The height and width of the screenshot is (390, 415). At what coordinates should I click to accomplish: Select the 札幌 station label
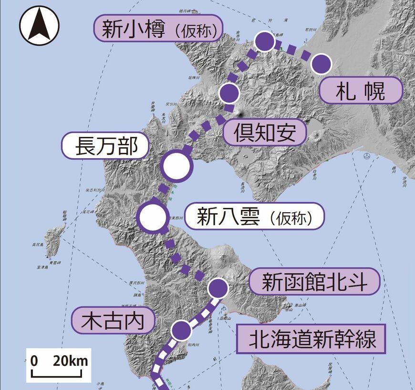pos(360,90)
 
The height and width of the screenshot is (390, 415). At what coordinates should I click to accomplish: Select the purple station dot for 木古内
pos(181,329)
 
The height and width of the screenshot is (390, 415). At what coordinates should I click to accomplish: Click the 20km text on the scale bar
pos(70,361)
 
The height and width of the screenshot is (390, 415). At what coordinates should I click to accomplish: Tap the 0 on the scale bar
pos(34,361)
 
